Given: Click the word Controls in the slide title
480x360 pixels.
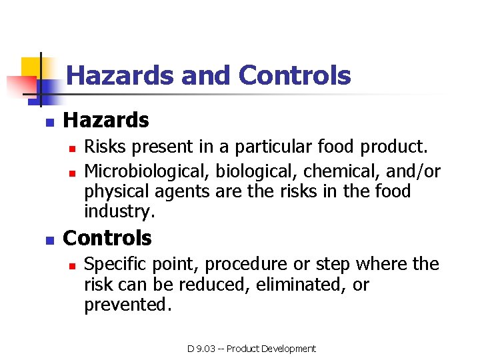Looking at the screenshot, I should click(294, 76).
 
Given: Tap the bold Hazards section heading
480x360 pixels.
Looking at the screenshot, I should click(105, 121).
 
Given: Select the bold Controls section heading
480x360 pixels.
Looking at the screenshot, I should click(107, 238).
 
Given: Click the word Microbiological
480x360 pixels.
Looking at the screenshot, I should click(147, 172).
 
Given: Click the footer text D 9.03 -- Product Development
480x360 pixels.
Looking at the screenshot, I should click(251, 349).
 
